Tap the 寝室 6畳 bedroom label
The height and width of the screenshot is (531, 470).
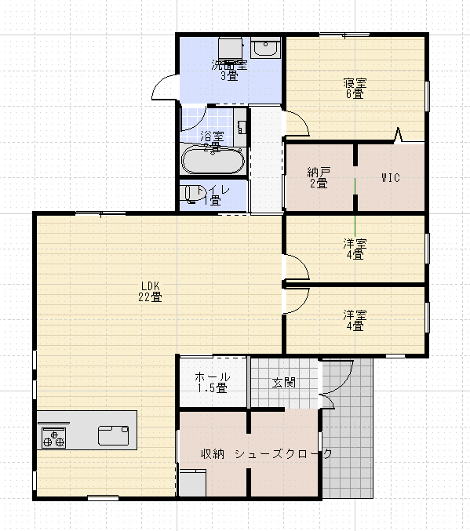[x=355, y=88]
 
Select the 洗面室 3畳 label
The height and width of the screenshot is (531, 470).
[x=229, y=71]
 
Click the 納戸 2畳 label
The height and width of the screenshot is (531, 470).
[x=317, y=177]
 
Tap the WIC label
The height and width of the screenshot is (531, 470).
[x=391, y=177]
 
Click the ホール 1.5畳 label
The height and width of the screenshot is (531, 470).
[x=212, y=382]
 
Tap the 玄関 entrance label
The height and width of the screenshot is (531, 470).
[x=283, y=383]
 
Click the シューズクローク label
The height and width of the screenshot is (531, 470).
[x=284, y=453]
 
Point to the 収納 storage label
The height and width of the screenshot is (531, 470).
[x=212, y=453]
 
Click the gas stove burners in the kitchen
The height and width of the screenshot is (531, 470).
[x=53, y=437]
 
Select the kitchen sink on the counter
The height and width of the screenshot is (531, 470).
[x=115, y=432]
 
